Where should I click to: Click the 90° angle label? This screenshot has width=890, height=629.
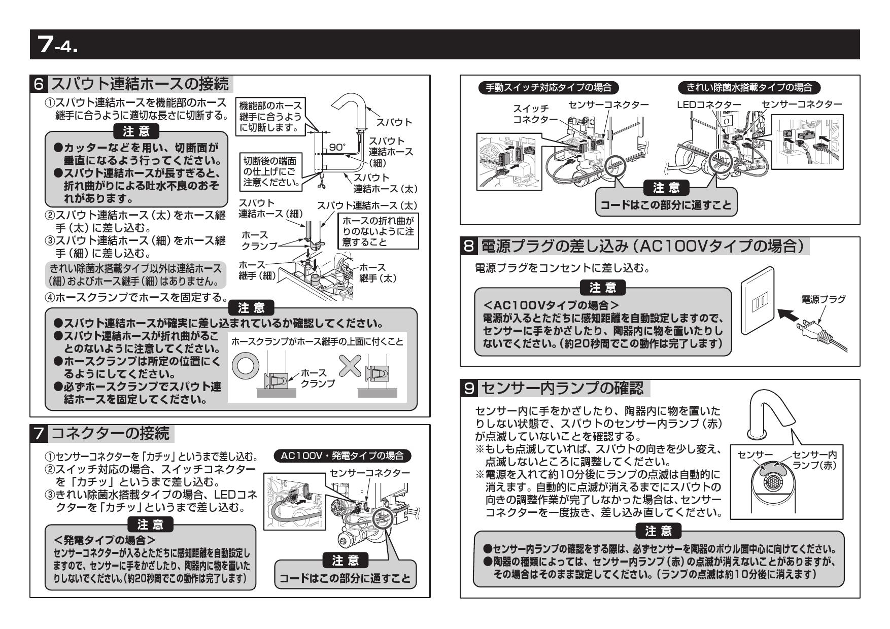click(x=337, y=147)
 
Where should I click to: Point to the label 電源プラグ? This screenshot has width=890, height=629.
click(x=823, y=299)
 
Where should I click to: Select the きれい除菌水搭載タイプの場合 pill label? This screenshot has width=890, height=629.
click(x=749, y=87)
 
